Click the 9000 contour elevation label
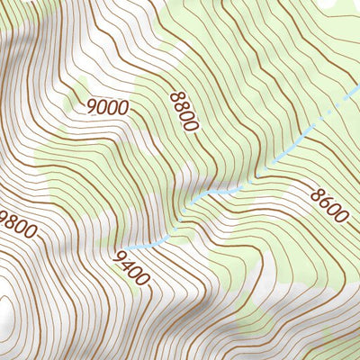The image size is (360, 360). point(108,106)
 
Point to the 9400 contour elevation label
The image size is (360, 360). point(130,269)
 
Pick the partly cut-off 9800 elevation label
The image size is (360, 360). point(18,224)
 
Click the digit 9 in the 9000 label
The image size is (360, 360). point(93,105)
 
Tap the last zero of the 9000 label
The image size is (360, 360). point(123,108)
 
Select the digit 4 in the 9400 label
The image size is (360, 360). point(127,265)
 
